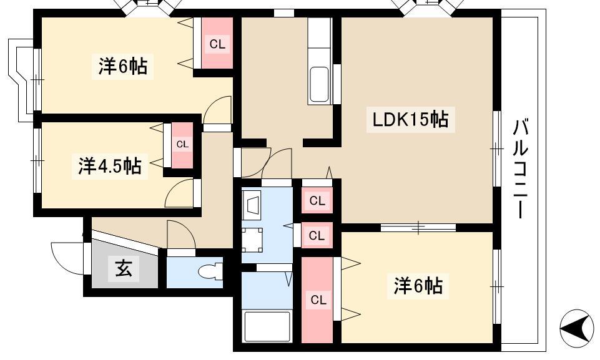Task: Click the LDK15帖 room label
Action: [411, 119]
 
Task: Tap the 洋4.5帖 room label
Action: [110, 167]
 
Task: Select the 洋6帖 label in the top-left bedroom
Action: [123, 67]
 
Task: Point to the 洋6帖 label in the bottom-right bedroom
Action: [418, 286]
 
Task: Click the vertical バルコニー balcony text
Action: [520, 168]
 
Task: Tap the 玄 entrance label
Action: [124, 268]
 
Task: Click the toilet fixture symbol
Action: [210, 271]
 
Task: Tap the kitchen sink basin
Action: [319, 85]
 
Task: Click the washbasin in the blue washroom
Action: [252, 206]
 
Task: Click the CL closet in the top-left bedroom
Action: [217, 44]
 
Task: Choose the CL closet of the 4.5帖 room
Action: [182, 145]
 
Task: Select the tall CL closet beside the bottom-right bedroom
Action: [318, 300]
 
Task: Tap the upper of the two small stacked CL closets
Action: [317, 200]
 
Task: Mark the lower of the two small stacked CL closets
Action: [317, 235]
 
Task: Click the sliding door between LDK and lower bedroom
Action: [418, 227]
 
